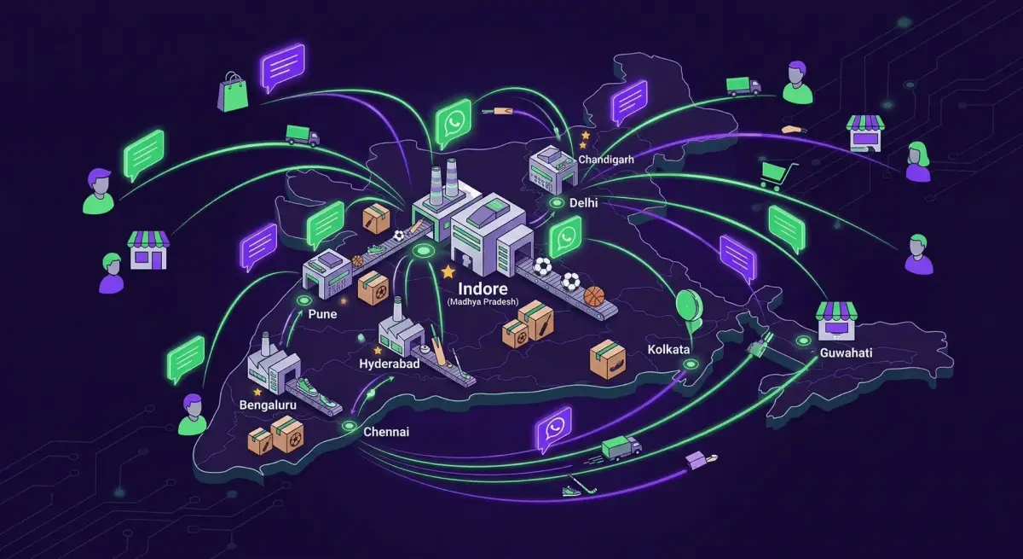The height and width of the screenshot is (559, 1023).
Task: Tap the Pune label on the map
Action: click(x=322, y=314)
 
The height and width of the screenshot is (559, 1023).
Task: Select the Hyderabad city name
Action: click(x=388, y=364)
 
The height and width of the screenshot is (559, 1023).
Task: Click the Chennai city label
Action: click(x=386, y=432)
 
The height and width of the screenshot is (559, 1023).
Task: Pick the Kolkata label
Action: click(x=668, y=351)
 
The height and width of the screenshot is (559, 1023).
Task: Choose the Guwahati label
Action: click(x=846, y=352)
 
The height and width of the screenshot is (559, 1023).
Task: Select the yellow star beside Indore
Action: click(x=448, y=271)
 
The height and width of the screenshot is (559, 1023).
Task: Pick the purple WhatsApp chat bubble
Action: click(x=555, y=428)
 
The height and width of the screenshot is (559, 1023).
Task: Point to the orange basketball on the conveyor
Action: click(x=593, y=296)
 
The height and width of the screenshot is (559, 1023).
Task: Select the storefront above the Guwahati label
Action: click(x=835, y=320)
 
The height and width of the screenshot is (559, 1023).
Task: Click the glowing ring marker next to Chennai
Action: click(x=348, y=425)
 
